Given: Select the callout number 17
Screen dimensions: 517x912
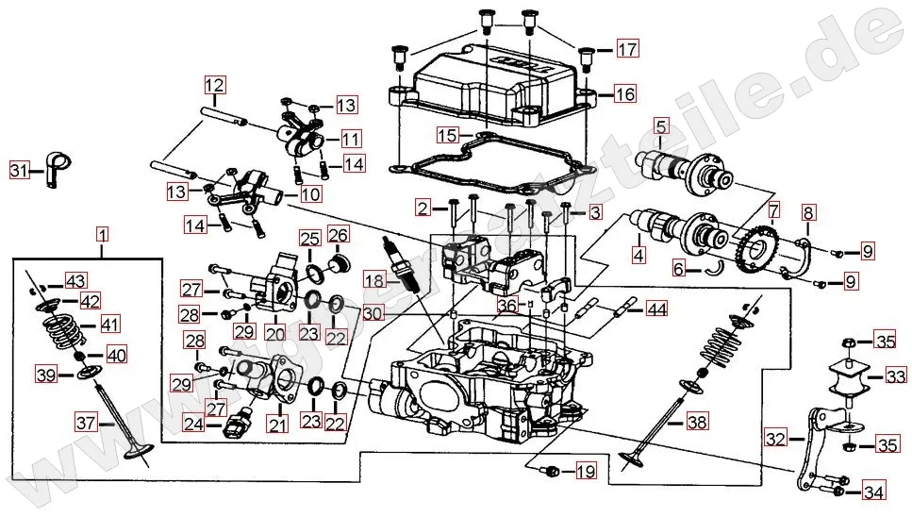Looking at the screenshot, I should pos(627,49).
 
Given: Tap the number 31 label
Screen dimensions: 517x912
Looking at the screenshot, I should pos(20,171).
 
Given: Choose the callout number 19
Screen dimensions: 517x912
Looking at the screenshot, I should pos(586,471).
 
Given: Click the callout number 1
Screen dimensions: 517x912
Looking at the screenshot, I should pos(102,232).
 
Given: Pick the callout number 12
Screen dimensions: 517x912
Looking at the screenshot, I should pos(213,83).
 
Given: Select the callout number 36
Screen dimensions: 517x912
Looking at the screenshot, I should pos(507,305).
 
